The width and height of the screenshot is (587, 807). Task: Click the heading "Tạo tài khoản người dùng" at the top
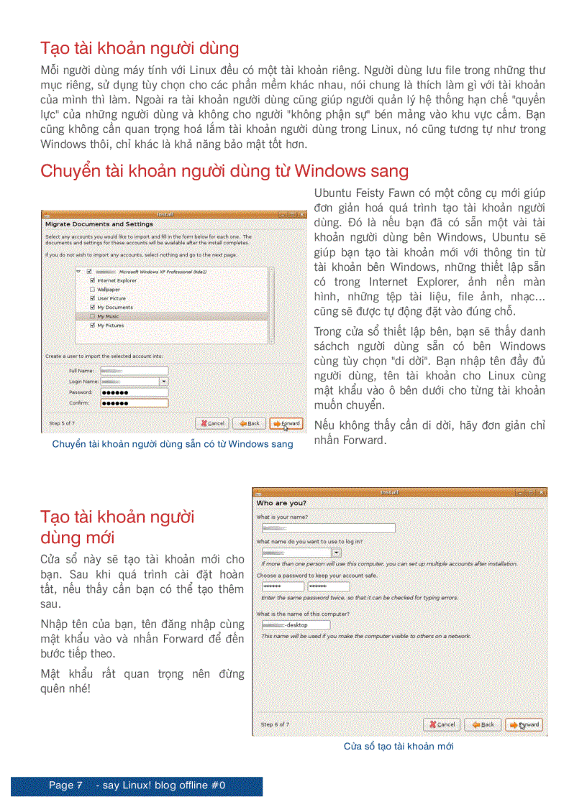pyautogui.click(x=140, y=49)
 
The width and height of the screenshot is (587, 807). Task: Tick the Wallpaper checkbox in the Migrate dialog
pyautogui.click(x=92, y=290)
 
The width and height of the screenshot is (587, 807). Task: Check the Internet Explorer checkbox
pyautogui.click(x=92, y=280)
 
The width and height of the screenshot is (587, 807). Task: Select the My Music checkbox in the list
pyautogui.click(x=92, y=316)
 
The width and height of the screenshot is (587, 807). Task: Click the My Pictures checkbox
pyautogui.click(x=92, y=326)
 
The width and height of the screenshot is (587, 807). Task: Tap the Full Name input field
pyautogui.click(x=134, y=371)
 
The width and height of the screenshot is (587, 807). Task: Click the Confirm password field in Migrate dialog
pyautogui.click(x=134, y=403)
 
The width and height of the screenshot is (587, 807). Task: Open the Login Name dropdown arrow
pyautogui.click(x=164, y=382)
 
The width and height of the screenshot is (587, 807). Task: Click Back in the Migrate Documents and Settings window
pyautogui.click(x=249, y=423)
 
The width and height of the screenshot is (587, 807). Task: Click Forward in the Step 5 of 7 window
pyautogui.click(x=286, y=423)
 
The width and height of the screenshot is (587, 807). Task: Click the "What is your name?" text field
pyautogui.click(x=329, y=528)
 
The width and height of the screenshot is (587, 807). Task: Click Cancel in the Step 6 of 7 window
pyautogui.click(x=442, y=724)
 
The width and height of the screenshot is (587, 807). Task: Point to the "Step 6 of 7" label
pyautogui.click(x=275, y=724)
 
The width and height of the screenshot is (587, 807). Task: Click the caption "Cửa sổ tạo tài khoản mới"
pyautogui.click(x=399, y=747)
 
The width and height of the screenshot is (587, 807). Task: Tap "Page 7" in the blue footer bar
pyautogui.click(x=65, y=785)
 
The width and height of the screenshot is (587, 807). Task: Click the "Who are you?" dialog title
pyautogui.click(x=281, y=503)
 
